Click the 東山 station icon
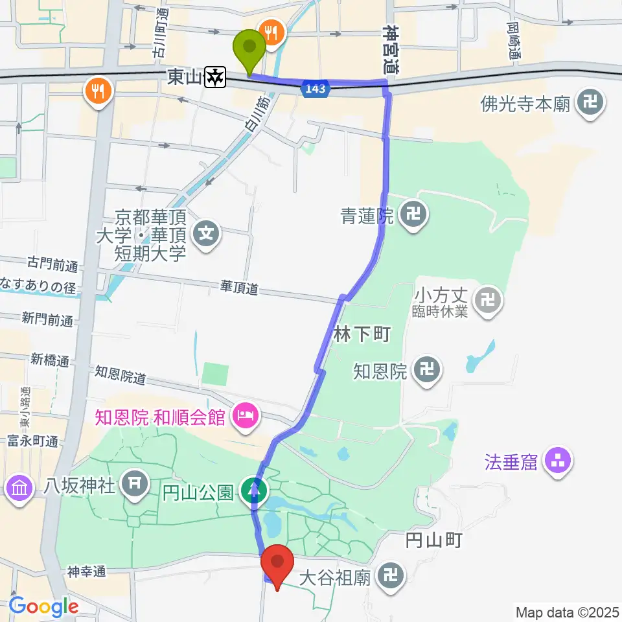tap(214, 78)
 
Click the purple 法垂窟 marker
tap(558, 462)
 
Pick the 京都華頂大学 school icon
tap(207, 232)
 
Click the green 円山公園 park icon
tap(255, 490)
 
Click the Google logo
tap(43, 606)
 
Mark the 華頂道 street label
tap(240, 286)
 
